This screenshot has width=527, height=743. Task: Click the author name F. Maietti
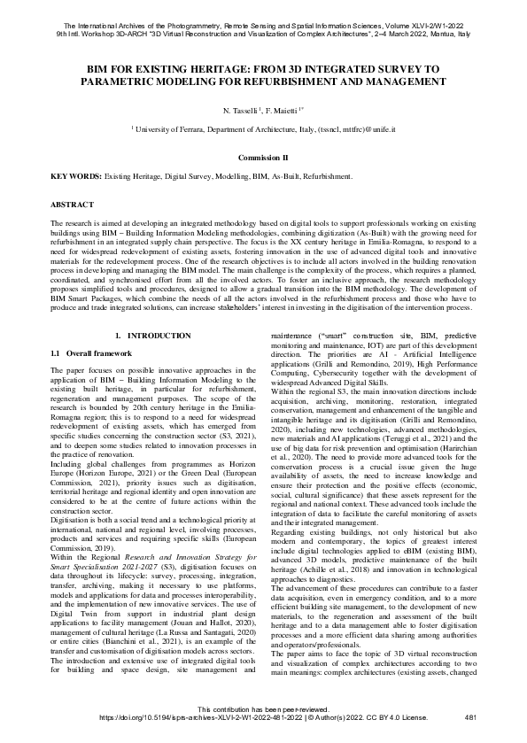pyautogui.click(x=283, y=112)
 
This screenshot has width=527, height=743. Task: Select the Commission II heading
pyautogui.click(x=263, y=157)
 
